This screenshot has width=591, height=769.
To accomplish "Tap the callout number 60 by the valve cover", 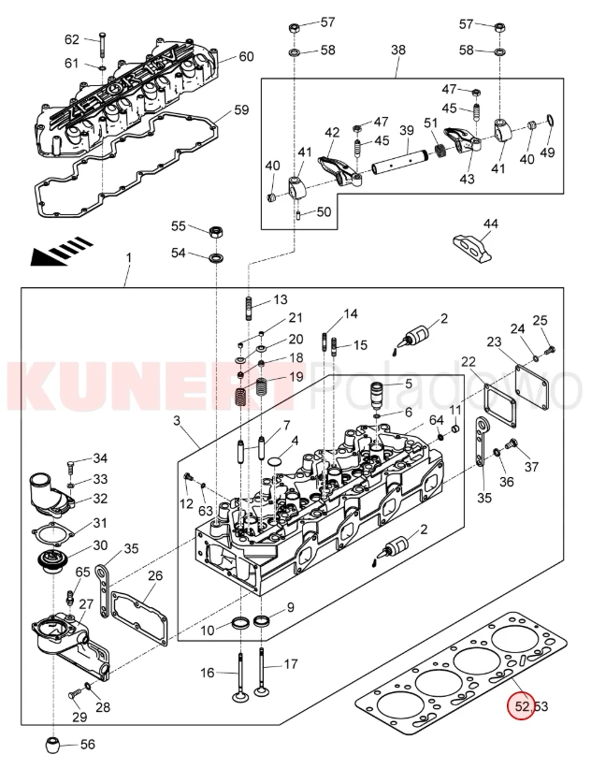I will point(246,56).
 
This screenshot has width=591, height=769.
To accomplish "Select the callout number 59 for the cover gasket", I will point(241,109).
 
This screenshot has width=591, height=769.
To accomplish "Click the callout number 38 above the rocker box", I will point(398,49).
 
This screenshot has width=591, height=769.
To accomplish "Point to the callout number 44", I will point(491,224).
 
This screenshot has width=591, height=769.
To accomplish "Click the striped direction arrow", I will point(62,251).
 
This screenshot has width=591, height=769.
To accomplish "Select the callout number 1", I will point(129,257).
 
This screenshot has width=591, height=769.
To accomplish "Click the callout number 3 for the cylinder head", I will point(176,422).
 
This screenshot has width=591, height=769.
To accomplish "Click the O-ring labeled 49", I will point(548,122).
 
